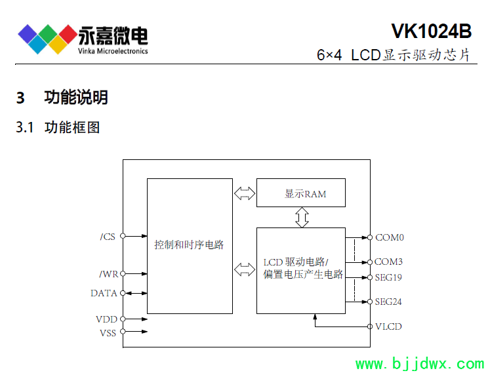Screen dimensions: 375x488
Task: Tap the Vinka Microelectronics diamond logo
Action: point(47,38)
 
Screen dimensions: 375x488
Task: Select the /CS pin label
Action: point(108,237)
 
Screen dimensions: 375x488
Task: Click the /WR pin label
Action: point(108,274)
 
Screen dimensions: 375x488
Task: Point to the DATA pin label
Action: point(104,293)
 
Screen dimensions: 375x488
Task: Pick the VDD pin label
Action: point(106,319)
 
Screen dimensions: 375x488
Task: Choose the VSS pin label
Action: point(107,332)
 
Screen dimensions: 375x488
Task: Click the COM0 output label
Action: point(389,237)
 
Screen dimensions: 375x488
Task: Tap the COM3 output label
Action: point(389,262)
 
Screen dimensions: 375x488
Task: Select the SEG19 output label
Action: point(388,277)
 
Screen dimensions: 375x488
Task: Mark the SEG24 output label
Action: point(388,302)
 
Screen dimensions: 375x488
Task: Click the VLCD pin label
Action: point(388,326)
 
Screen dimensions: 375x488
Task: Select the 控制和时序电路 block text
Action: point(189,245)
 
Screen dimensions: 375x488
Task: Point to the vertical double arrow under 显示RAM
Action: point(302,217)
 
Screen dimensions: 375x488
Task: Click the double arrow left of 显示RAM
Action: point(244,193)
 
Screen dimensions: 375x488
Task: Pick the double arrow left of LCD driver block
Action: point(244,269)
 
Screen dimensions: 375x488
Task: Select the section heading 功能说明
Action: point(75,98)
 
